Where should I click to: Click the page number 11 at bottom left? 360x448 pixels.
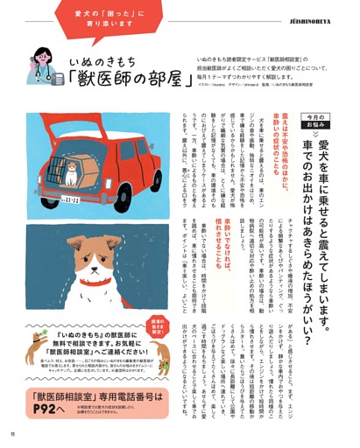(12, 433)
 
